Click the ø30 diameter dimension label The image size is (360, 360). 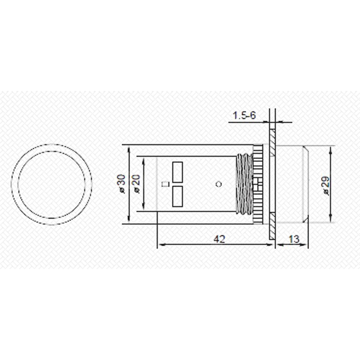point(121,184)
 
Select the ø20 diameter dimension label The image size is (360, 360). point(136,184)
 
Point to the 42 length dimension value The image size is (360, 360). point(219,239)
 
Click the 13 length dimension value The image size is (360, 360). point(294,239)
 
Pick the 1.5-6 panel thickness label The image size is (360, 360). point(244,115)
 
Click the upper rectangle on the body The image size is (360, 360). point(177,172)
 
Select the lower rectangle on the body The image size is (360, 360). point(177,196)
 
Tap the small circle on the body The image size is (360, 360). point(219,184)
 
